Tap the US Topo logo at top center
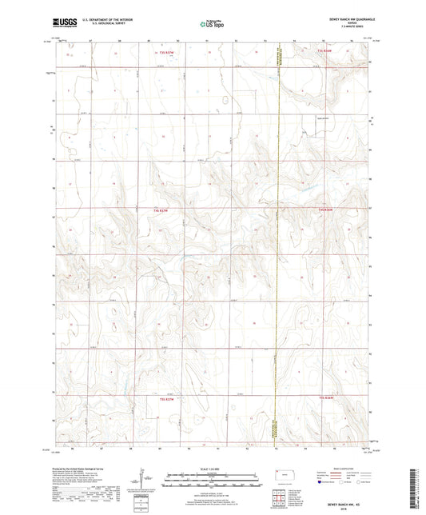pyautogui.click(x=210, y=24)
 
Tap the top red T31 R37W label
pyautogui.click(x=165, y=53)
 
